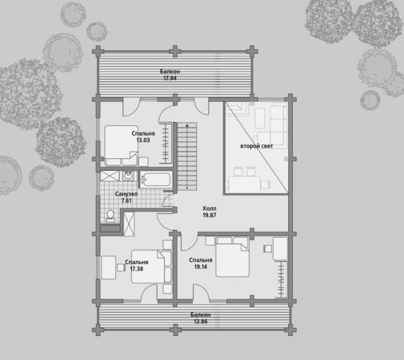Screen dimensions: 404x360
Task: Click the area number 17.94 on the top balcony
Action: pos(170,78)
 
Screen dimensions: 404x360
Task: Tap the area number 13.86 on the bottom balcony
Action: pos(200,322)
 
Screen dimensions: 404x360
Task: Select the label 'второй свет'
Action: pos(256,146)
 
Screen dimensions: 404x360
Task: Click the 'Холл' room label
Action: pos(210,208)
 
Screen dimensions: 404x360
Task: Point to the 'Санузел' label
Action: pos(126,194)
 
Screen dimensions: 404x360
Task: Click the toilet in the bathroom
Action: pos(111,216)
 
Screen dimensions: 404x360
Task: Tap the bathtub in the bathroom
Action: pos(156,179)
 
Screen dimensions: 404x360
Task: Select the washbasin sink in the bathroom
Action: pos(128,176)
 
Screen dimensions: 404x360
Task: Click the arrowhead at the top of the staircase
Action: pos(187,125)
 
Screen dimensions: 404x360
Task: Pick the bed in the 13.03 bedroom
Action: pos(121,145)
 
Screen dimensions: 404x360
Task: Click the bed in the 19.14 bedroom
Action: pos(232,257)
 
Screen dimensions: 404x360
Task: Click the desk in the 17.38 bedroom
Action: pos(109,267)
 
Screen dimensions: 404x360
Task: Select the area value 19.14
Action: pos(200,267)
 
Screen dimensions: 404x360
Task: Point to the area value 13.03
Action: pos(143,140)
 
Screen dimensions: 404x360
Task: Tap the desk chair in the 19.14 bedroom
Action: pos(268,249)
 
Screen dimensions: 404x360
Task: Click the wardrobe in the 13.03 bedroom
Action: pos(166,143)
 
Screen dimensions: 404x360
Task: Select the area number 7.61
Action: pos(126,200)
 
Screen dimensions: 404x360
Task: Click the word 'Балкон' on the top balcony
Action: pos(170,71)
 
